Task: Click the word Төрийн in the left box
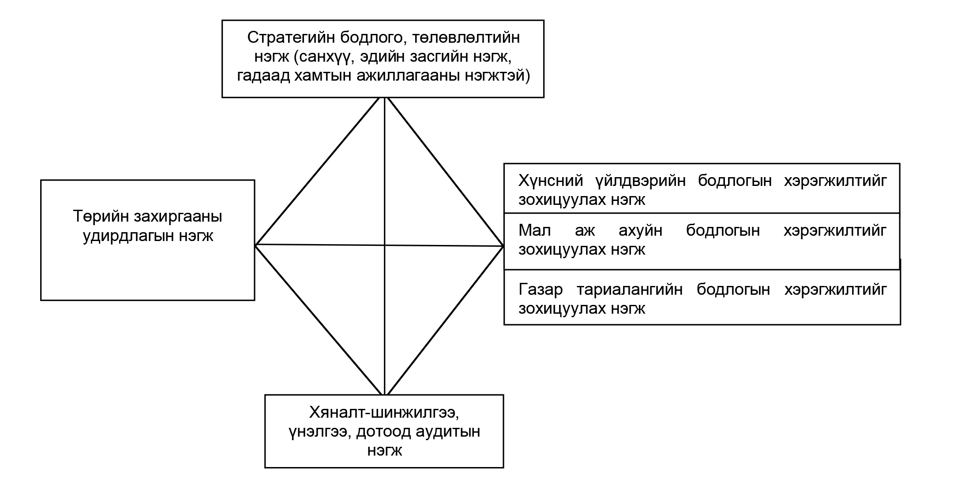(100, 217)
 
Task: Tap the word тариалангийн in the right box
(630, 290)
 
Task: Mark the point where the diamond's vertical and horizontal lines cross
(385, 245)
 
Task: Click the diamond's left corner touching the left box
(255, 245)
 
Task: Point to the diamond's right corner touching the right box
(503, 246)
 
